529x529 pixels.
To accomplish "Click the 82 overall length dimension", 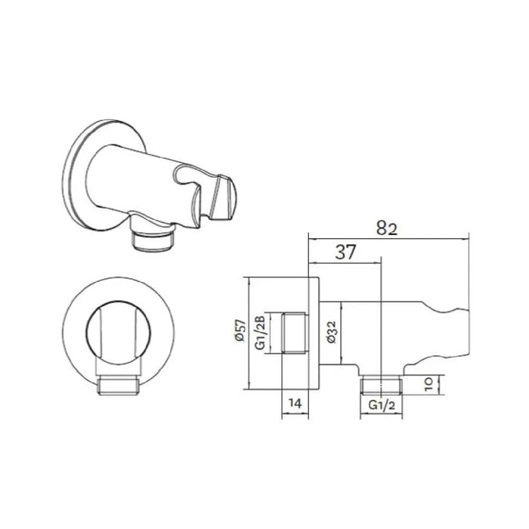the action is coord(387,229).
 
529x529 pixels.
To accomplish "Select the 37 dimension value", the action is coord(345,252).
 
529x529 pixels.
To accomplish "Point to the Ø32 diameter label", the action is coord(332,332).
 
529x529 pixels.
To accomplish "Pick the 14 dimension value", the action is coord(295,403).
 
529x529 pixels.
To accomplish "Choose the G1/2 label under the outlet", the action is coord(382,404).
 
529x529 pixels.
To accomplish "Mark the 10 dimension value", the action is coord(428,384).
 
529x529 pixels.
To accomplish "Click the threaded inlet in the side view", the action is coord(295,333).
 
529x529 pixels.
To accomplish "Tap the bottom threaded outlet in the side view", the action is coord(382,385).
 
